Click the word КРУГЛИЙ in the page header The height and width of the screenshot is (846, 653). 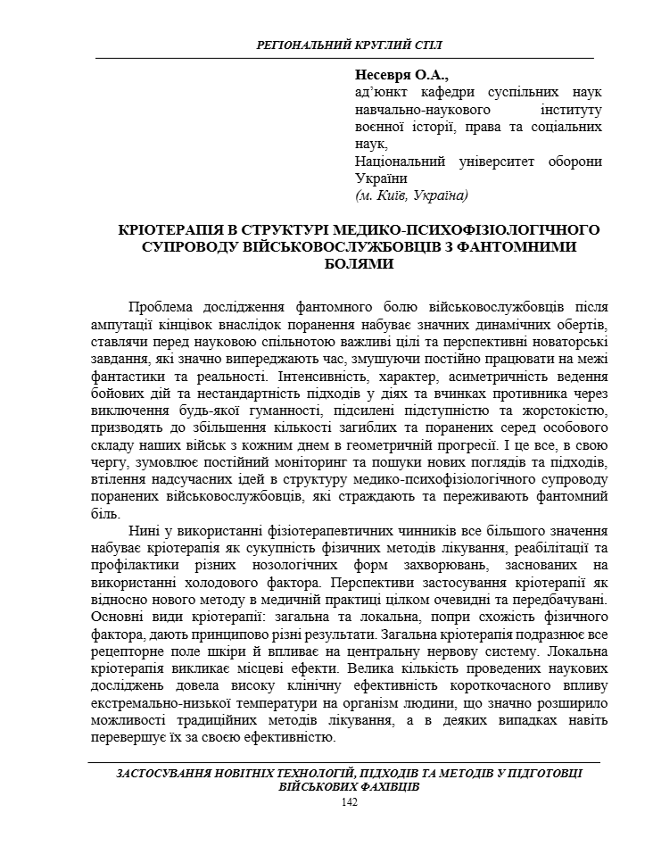click(x=350, y=45)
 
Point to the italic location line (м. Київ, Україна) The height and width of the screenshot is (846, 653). click(x=411, y=195)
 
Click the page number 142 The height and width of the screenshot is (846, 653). click(x=350, y=802)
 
